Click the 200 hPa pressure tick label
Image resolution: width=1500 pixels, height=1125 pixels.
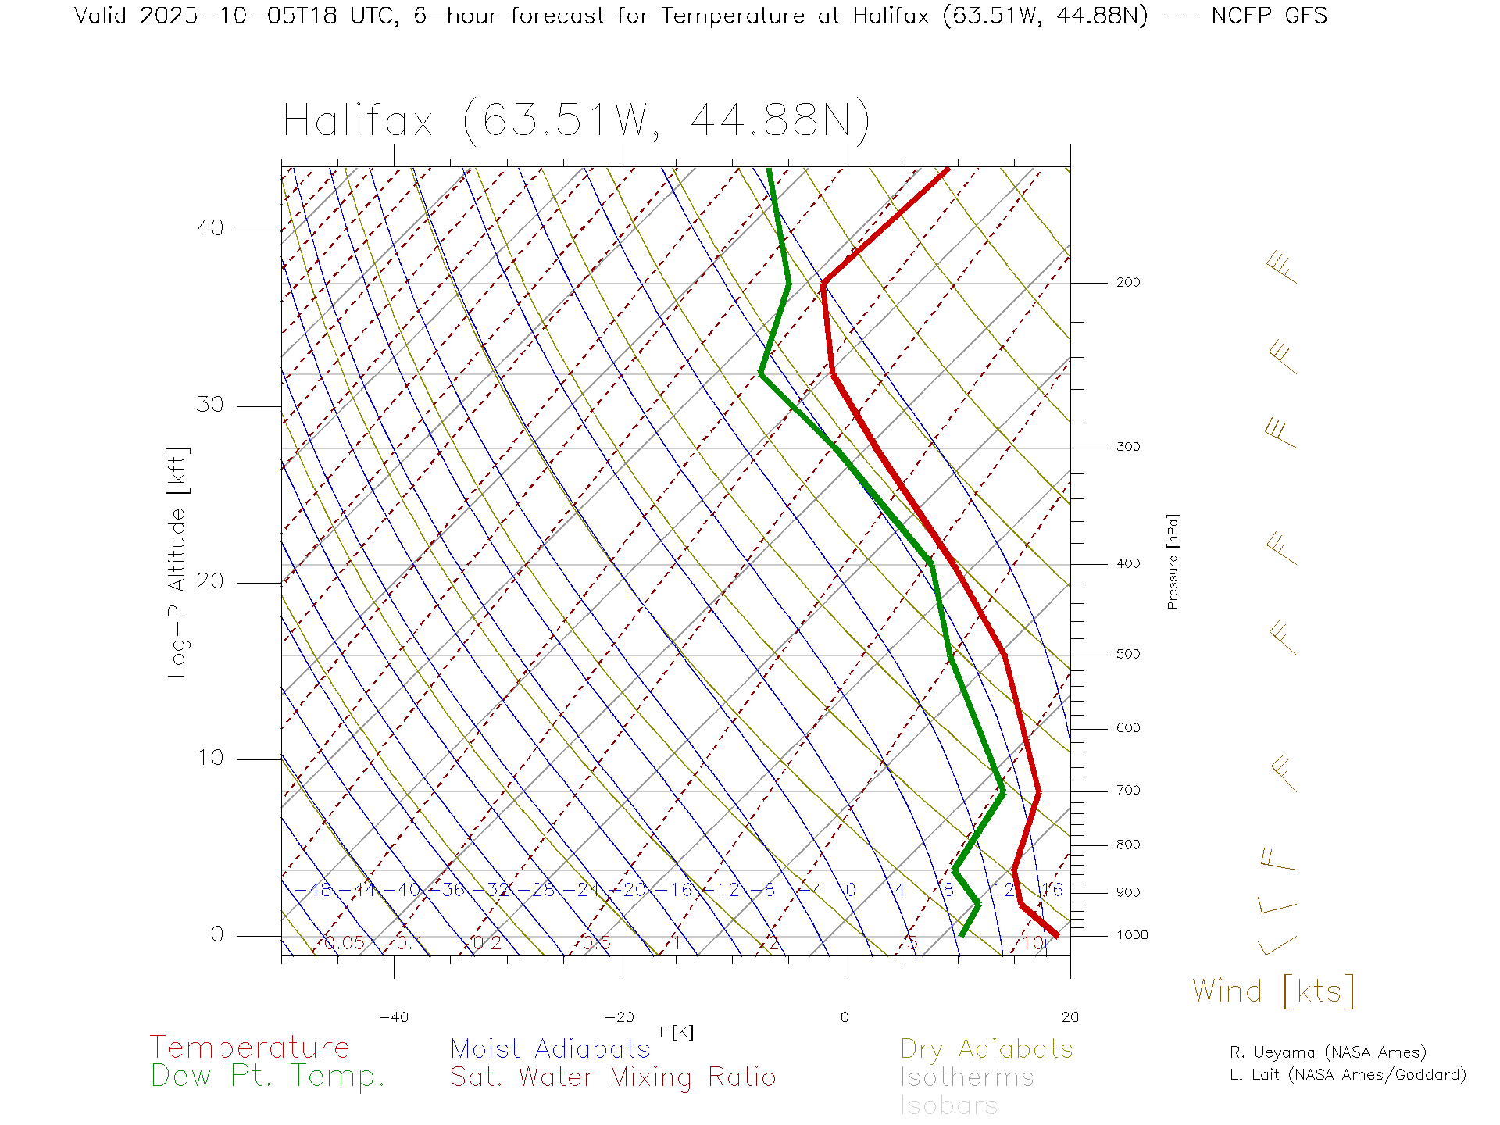click(1127, 283)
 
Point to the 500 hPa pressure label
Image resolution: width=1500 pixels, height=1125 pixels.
click(1127, 655)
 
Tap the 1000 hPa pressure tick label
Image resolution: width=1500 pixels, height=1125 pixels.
click(1132, 935)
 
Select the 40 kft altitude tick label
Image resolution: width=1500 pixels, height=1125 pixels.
click(209, 228)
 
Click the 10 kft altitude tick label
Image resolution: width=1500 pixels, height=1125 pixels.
click(209, 758)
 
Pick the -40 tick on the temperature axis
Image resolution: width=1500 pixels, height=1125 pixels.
click(394, 1017)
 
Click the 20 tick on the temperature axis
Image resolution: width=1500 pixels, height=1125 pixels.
click(1070, 1017)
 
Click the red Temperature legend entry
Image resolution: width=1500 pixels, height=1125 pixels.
click(250, 1048)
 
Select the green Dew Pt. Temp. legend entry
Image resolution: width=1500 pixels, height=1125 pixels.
click(268, 1077)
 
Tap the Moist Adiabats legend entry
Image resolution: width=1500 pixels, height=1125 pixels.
click(550, 1049)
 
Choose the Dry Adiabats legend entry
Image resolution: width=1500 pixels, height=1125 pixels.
click(987, 1049)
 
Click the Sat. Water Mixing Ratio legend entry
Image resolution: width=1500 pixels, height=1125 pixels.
click(613, 1077)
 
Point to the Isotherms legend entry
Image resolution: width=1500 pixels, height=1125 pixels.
click(967, 1077)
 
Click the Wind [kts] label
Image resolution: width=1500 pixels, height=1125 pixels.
click(1273, 991)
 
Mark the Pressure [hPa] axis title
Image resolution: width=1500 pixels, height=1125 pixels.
click(1173, 562)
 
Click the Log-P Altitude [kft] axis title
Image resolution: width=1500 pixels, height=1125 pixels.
click(178, 562)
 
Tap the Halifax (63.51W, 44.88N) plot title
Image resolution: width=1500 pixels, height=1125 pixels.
click(577, 121)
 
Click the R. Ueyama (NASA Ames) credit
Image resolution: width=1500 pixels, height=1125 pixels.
click(1328, 1052)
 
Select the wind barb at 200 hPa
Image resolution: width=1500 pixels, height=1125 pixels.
click(1281, 268)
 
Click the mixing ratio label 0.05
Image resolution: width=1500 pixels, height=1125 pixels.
click(344, 943)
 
